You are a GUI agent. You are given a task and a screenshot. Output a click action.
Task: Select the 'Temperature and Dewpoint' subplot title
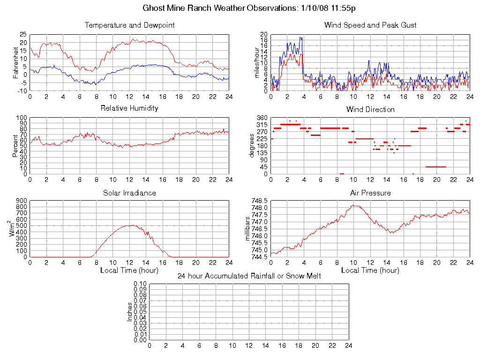pyautogui.click(x=129, y=25)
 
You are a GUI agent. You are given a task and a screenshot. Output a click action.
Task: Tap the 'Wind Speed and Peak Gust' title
pyautogui.click(x=370, y=25)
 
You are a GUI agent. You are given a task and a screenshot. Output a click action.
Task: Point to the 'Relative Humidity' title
pyautogui.click(x=129, y=108)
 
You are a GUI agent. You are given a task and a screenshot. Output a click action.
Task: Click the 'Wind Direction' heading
pyautogui.click(x=370, y=110)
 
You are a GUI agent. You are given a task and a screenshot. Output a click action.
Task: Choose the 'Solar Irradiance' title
pyautogui.click(x=129, y=193)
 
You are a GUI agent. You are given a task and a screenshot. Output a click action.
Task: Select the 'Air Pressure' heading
pyautogui.click(x=370, y=193)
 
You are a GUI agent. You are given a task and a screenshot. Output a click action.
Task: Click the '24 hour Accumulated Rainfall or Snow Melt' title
pyautogui.click(x=249, y=276)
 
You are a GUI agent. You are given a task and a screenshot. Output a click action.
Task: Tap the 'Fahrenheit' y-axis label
pyautogui.click(x=15, y=62)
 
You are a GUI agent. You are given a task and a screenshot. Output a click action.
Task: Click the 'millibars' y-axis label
pyautogui.click(x=249, y=229)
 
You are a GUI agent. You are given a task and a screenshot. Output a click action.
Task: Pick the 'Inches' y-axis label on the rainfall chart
pyautogui.click(x=130, y=312)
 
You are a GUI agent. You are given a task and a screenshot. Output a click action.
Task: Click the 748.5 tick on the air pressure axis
pyautogui.click(x=259, y=201)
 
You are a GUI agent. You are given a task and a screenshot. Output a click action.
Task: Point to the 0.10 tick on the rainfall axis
pyautogui.click(x=140, y=284)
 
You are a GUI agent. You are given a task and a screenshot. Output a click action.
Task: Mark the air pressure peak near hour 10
pyautogui.click(x=355, y=205)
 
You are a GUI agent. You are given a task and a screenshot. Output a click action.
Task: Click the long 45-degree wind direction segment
pyautogui.click(x=436, y=166)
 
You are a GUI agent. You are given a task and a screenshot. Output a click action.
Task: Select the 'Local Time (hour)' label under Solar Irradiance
pyautogui.click(x=129, y=270)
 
